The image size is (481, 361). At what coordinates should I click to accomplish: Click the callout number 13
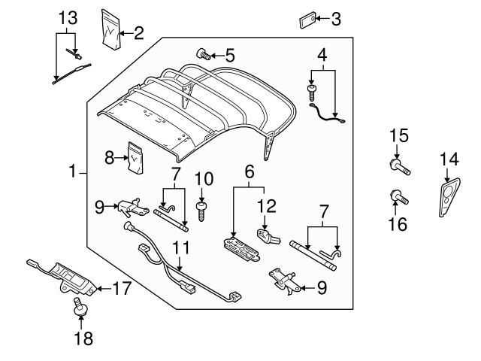pyautogui.click(x=68, y=17)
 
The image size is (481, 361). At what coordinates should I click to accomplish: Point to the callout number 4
pyautogui.click(x=322, y=54)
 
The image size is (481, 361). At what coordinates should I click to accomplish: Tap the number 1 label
pyautogui.click(x=74, y=172)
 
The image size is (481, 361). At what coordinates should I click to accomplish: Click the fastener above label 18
pyautogui.click(x=76, y=306)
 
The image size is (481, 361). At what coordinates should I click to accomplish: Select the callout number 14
pyautogui.click(x=448, y=159)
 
